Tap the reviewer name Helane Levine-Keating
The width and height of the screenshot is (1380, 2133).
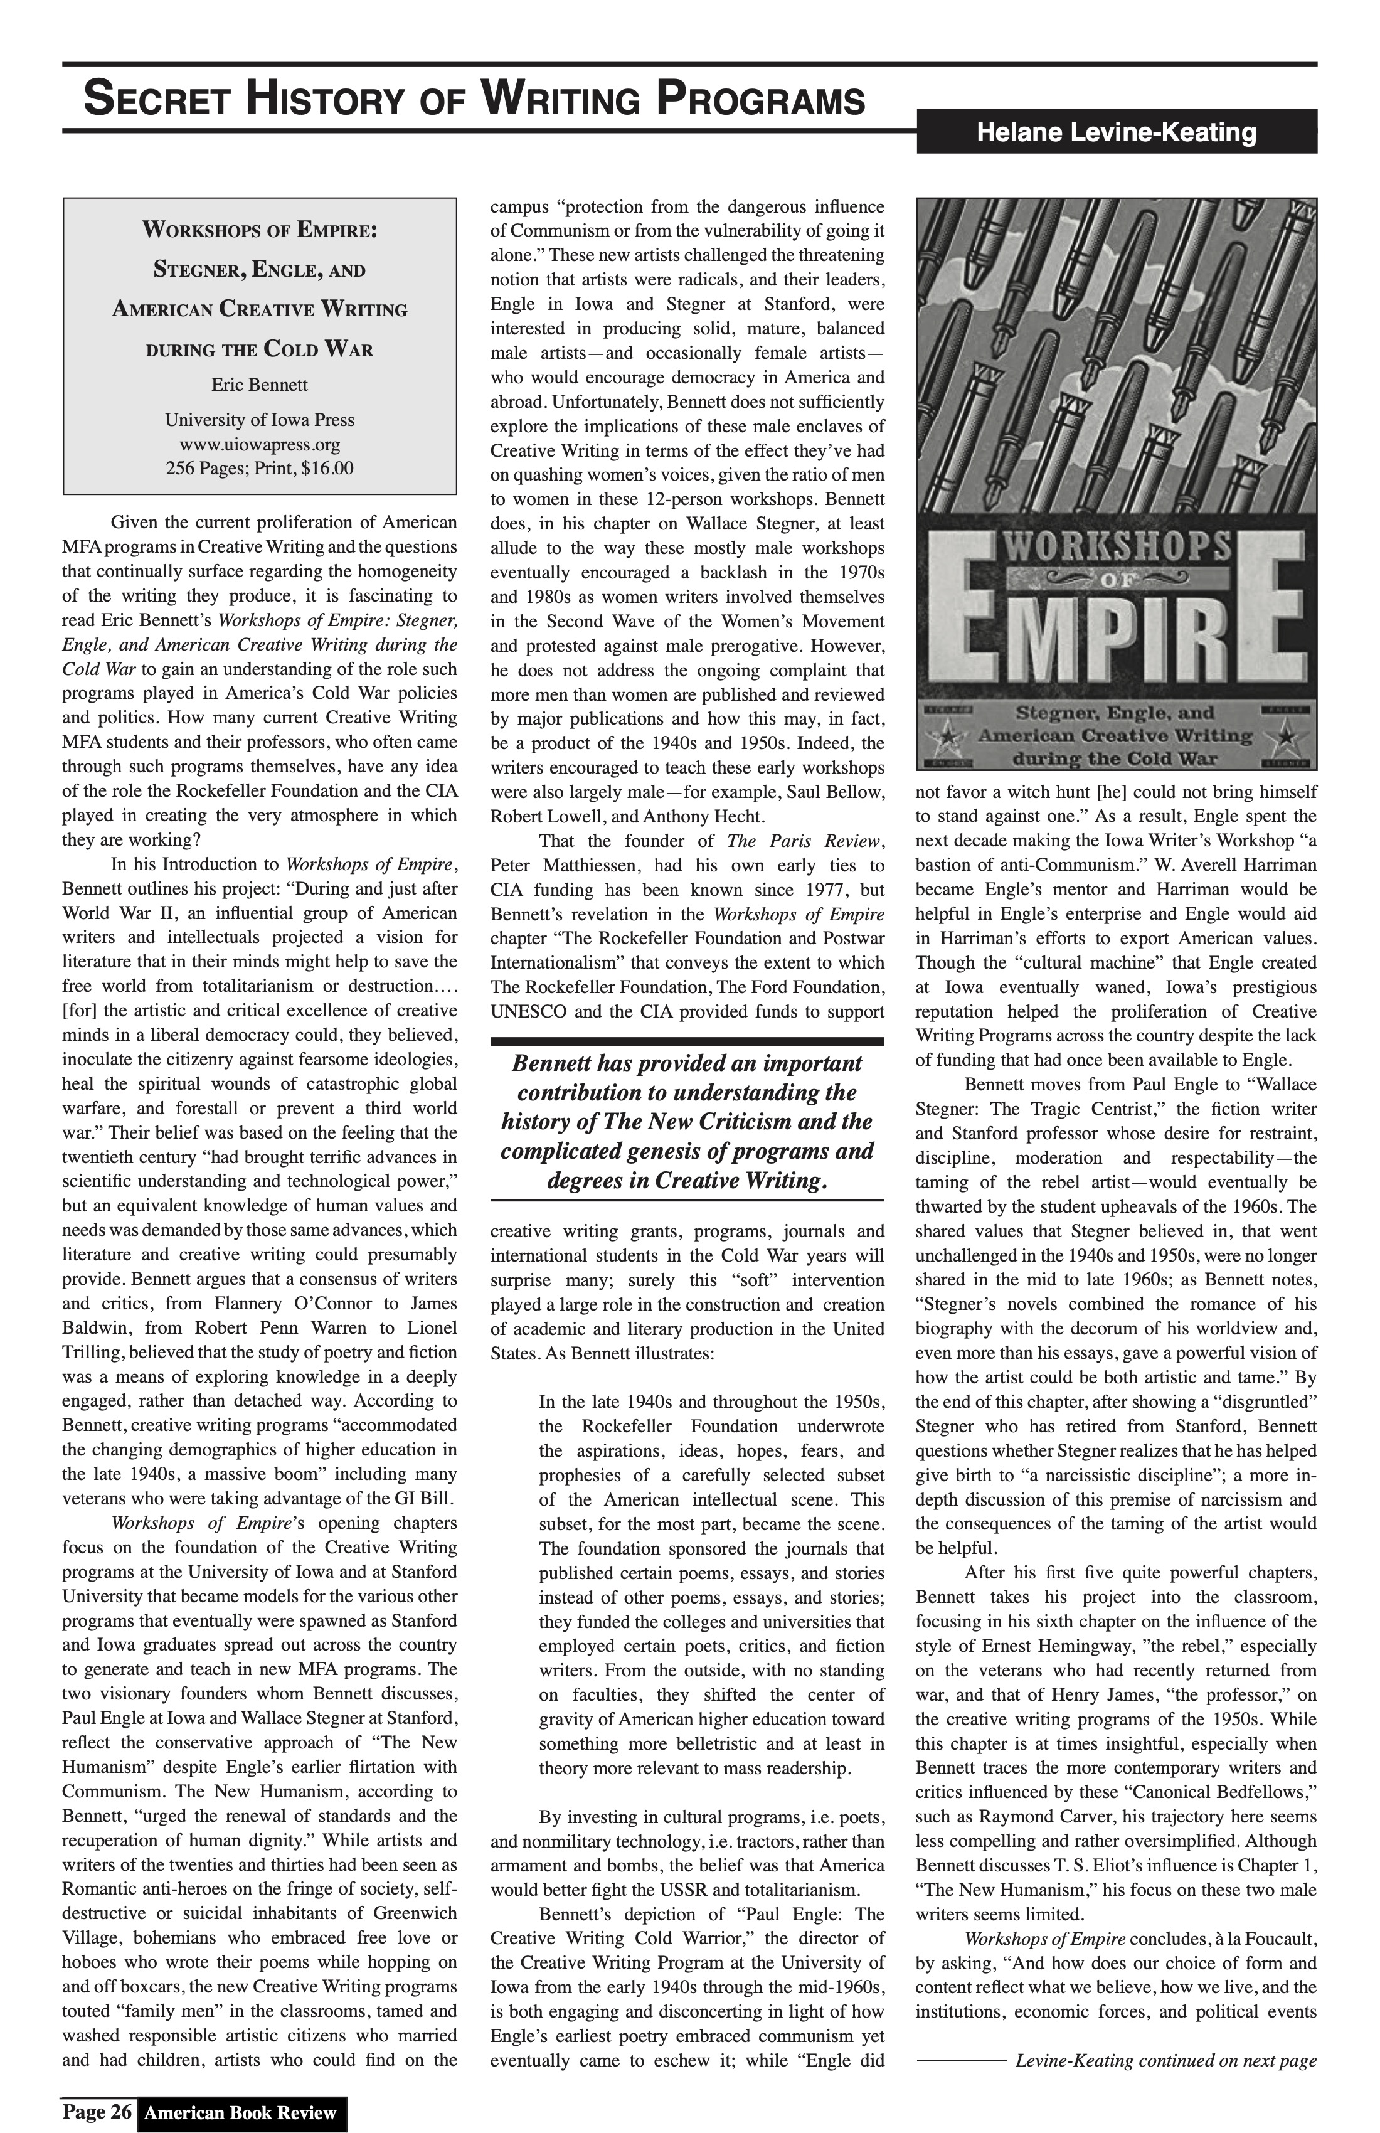click(1116, 132)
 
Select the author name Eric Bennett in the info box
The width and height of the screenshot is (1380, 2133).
click(259, 385)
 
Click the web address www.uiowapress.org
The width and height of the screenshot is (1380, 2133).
click(259, 445)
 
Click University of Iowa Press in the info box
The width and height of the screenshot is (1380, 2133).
click(259, 420)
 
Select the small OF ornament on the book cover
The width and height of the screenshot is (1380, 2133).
click(1117, 580)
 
